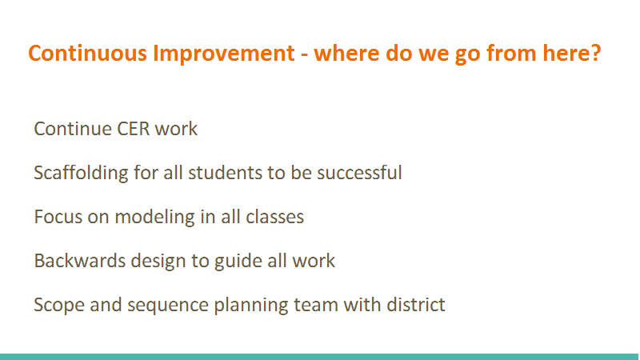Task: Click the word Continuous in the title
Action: (87, 54)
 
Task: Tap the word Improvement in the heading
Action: (224, 54)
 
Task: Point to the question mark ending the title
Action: (596, 53)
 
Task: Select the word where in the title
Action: (346, 54)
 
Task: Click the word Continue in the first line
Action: (73, 129)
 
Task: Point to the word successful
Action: (359, 173)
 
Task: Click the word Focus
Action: (58, 217)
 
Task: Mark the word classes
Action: (274, 217)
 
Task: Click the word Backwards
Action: (79, 262)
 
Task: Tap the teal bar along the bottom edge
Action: (320, 357)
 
